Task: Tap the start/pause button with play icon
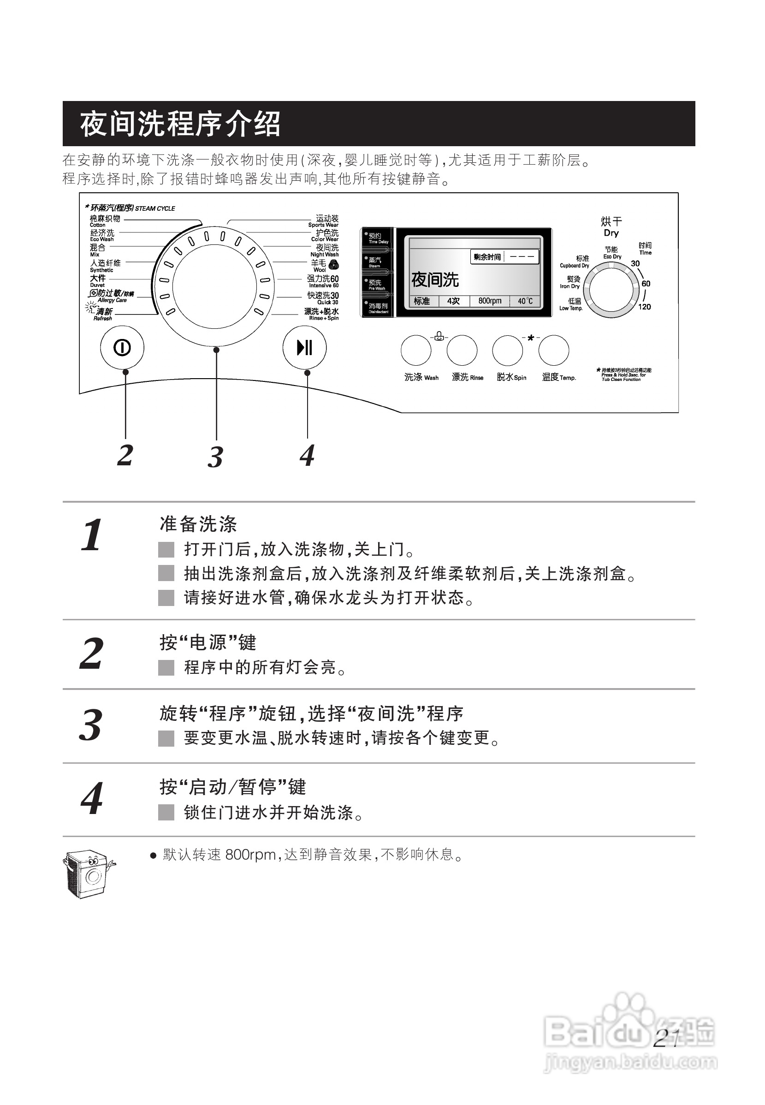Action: [304, 348]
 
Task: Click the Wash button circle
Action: [415, 351]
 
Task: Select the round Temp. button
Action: [554, 351]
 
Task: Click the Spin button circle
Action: [508, 351]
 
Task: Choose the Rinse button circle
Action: [462, 351]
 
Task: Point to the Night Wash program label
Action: [326, 250]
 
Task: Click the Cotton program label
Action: [105, 220]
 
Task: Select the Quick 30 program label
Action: [324, 298]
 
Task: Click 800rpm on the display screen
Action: [490, 301]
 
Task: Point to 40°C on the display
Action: [525, 301]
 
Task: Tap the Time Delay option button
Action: [377, 238]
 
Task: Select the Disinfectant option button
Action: [377, 307]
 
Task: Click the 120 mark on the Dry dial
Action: [644, 307]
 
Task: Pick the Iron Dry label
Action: [570, 282]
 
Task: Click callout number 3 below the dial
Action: [215, 457]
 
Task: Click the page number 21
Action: [667, 1039]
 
